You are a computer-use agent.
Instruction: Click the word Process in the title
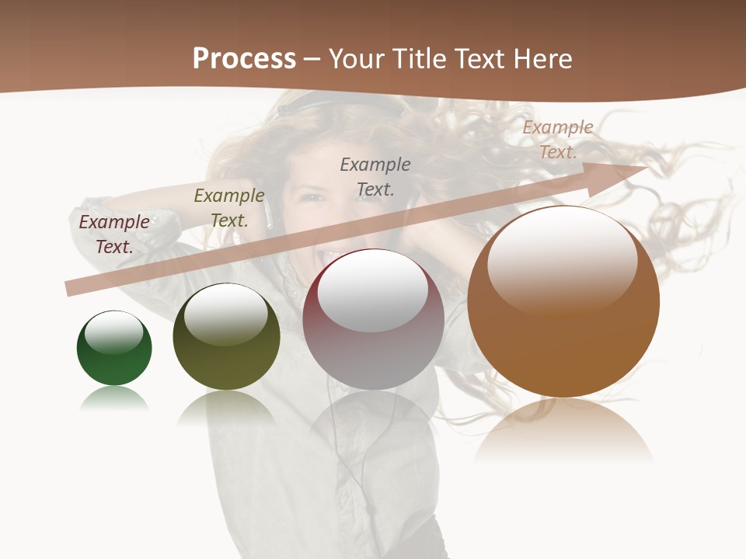point(244,59)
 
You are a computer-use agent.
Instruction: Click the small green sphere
point(114,348)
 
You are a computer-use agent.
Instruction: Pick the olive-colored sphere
point(226,337)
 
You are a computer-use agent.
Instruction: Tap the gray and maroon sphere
point(373,319)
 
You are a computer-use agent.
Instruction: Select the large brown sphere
point(563,302)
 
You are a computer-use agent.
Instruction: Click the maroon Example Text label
point(114,234)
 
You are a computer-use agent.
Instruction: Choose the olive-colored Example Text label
point(229,208)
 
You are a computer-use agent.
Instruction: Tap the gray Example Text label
point(375,176)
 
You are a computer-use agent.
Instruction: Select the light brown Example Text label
point(557,140)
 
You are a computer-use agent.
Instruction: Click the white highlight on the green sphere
point(114,332)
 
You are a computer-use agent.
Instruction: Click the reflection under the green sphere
point(114,399)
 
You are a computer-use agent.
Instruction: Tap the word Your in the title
point(354,59)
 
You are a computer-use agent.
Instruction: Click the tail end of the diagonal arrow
point(71,288)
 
